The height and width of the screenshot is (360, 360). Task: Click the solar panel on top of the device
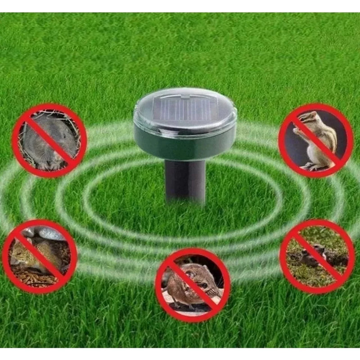point(184,111)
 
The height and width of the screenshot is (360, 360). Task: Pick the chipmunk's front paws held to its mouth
point(297,131)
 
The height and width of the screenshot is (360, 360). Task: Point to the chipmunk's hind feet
point(310,166)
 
